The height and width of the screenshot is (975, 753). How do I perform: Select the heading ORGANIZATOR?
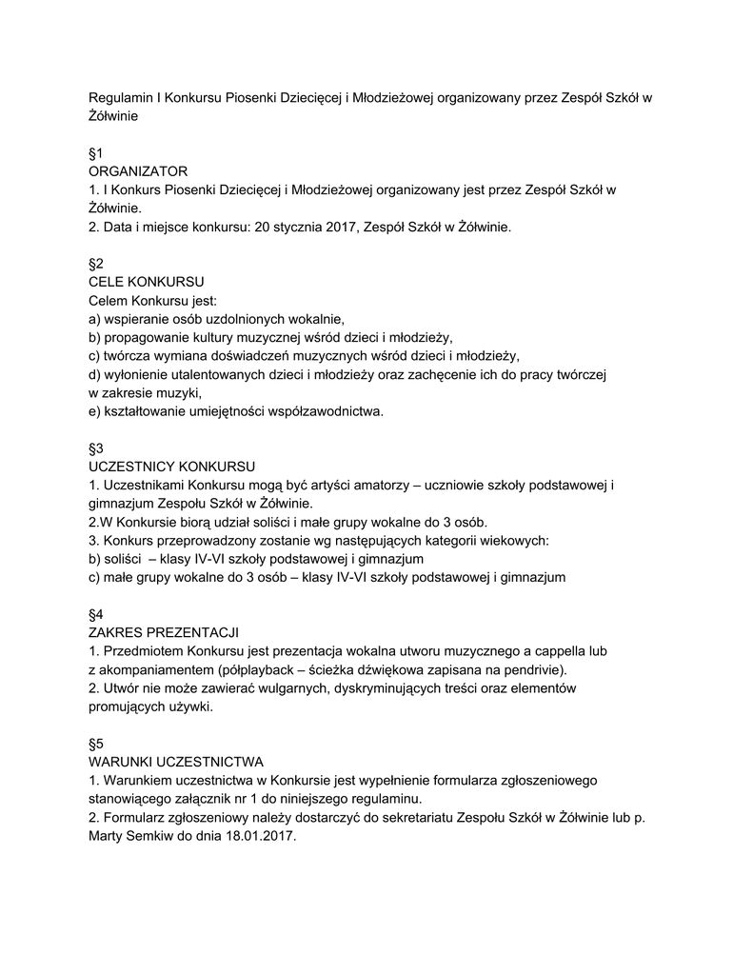click(138, 171)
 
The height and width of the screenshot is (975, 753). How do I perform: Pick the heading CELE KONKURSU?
click(146, 283)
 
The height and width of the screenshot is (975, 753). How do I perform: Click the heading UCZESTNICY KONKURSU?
click(171, 468)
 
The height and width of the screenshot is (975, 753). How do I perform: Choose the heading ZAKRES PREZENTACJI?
click(164, 633)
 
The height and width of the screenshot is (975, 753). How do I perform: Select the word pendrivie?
click(537, 670)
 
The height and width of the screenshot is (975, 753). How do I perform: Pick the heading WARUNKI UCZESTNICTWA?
click(176, 763)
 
